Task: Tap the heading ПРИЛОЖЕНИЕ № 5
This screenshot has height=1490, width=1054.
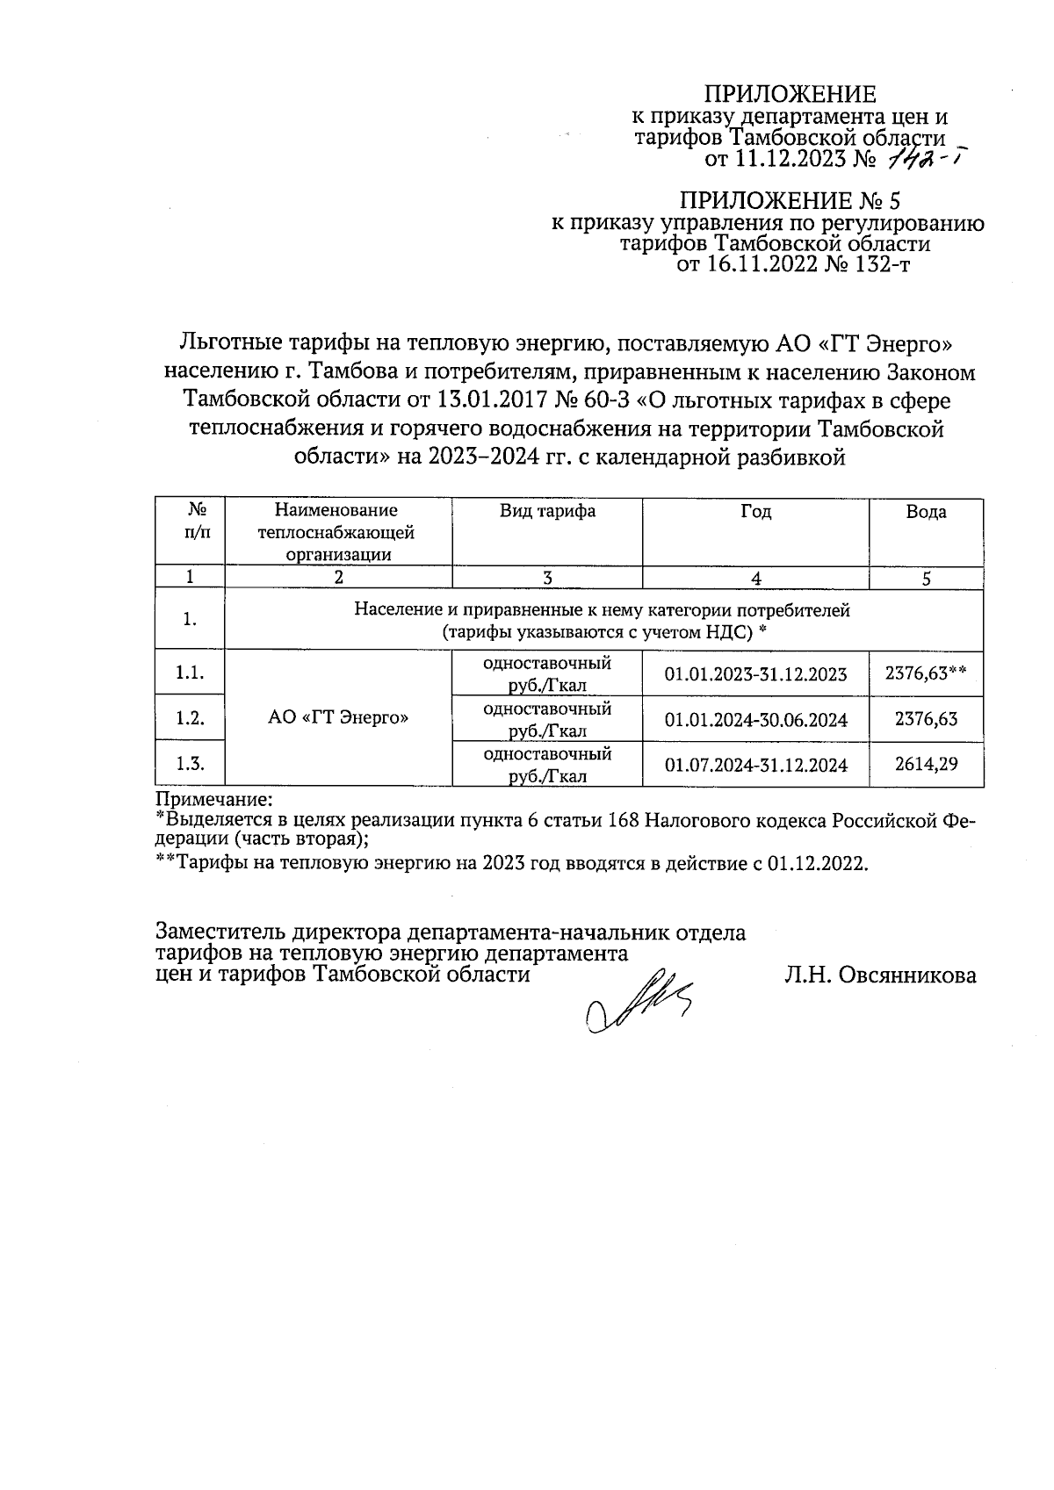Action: (x=790, y=200)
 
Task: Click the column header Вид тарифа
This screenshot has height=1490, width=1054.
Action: (x=547, y=511)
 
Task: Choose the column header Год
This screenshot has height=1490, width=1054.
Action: (x=755, y=511)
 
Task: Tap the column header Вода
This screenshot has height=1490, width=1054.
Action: (x=926, y=512)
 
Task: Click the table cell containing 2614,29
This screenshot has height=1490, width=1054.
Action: (x=926, y=764)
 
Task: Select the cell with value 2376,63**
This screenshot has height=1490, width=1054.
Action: (x=926, y=673)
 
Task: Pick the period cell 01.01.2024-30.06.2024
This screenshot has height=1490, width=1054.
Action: (x=755, y=720)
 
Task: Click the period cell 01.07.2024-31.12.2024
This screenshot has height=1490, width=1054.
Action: (x=755, y=765)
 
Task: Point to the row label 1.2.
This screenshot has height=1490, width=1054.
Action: (x=190, y=718)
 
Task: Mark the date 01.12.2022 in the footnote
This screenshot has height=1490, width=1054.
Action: (x=816, y=863)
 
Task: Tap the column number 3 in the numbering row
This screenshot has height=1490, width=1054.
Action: (x=547, y=578)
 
